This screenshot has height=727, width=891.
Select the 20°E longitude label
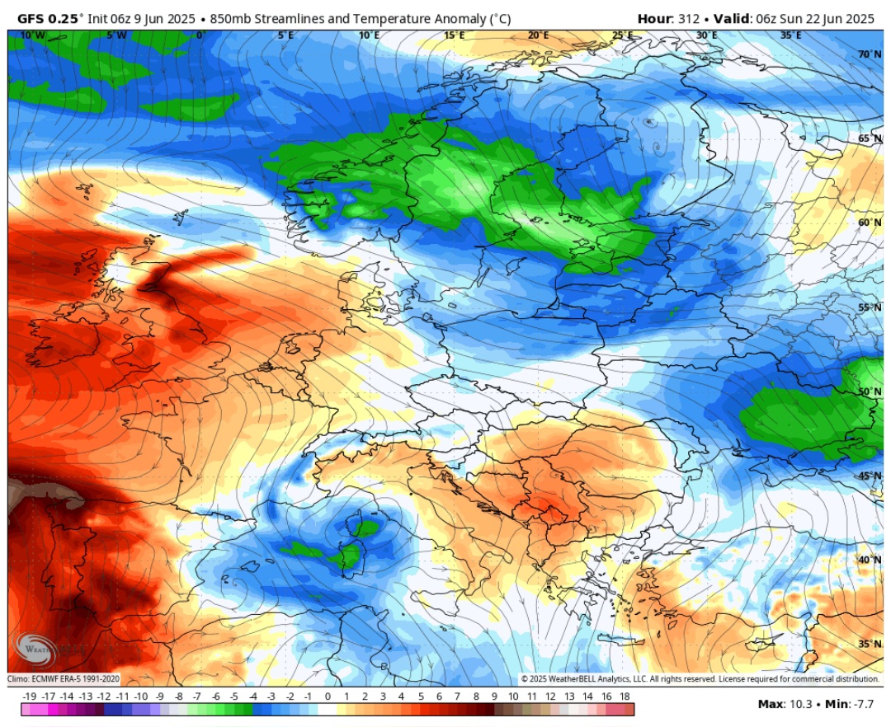(x=538, y=35)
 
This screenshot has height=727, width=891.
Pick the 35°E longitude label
(x=790, y=35)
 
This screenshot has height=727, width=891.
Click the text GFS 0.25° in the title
(x=50, y=18)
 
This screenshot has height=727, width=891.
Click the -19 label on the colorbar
(x=29, y=697)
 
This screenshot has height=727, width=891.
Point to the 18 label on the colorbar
(x=625, y=697)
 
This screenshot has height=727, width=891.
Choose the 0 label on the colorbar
(x=328, y=697)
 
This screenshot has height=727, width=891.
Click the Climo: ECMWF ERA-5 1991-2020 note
(x=64, y=678)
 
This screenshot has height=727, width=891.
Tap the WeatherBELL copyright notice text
(x=700, y=678)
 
